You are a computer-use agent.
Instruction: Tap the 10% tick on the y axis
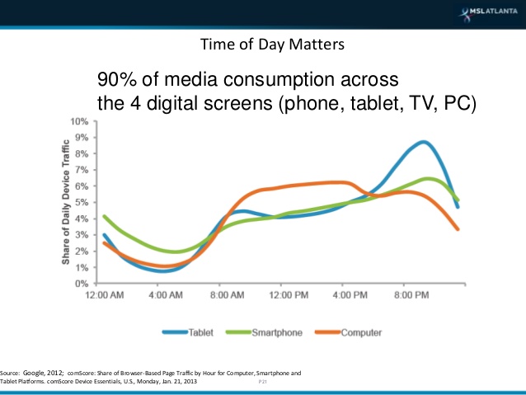point(79,121)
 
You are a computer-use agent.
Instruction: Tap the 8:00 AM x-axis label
point(231,295)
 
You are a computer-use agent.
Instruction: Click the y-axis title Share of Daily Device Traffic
point(64,203)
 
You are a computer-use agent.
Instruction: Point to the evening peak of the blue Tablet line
point(423,142)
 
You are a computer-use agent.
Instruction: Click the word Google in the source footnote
point(45,374)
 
